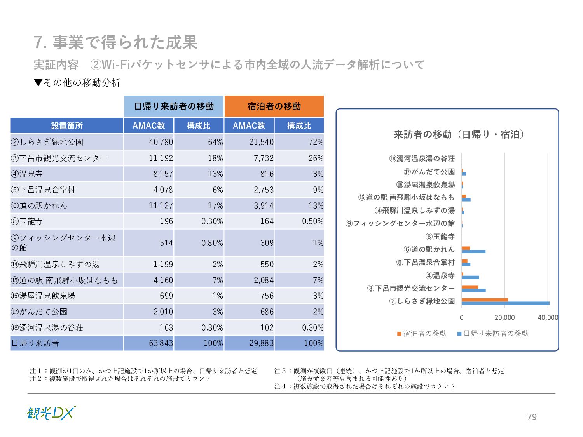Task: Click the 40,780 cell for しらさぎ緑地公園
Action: pyautogui.click(x=161, y=142)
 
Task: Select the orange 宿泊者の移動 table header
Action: pyautogui.click(x=274, y=106)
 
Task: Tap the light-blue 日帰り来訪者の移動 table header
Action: pyautogui.click(x=174, y=106)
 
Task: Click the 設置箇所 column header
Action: pyautogui.click(x=67, y=126)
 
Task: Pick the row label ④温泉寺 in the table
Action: pyautogui.click(x=27, y=174)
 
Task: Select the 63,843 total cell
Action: pyautogui.click(x=161, y=343)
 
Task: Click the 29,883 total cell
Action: pyautogui.click(x=261, y=343)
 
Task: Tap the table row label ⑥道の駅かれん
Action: pyautogui.click(x=39, y=205)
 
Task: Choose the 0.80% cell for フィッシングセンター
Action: pyautogui.click(x=212, y=243)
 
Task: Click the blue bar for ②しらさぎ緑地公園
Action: pyautogui.click(x=505, y=303)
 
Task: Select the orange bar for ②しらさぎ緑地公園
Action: pyautogui.click(x=485, y=300)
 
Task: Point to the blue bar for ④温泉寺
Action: pyautogui.click(x=470, y=277)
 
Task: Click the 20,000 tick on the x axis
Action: pyautogui.click(x=504, y=318)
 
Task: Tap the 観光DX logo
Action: pyautogui.click(x=51, y=413)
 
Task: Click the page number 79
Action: pyautogui.click(x=532, y=417)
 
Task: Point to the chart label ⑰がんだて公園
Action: pyautogui.click(x=429, y=172)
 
